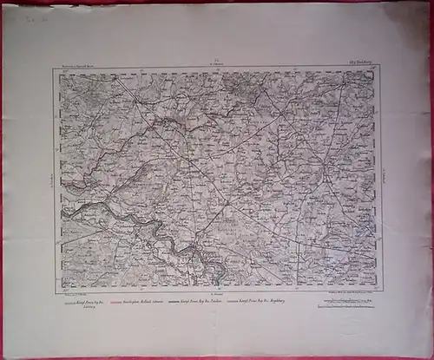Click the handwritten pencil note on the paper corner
coord(36,16)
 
